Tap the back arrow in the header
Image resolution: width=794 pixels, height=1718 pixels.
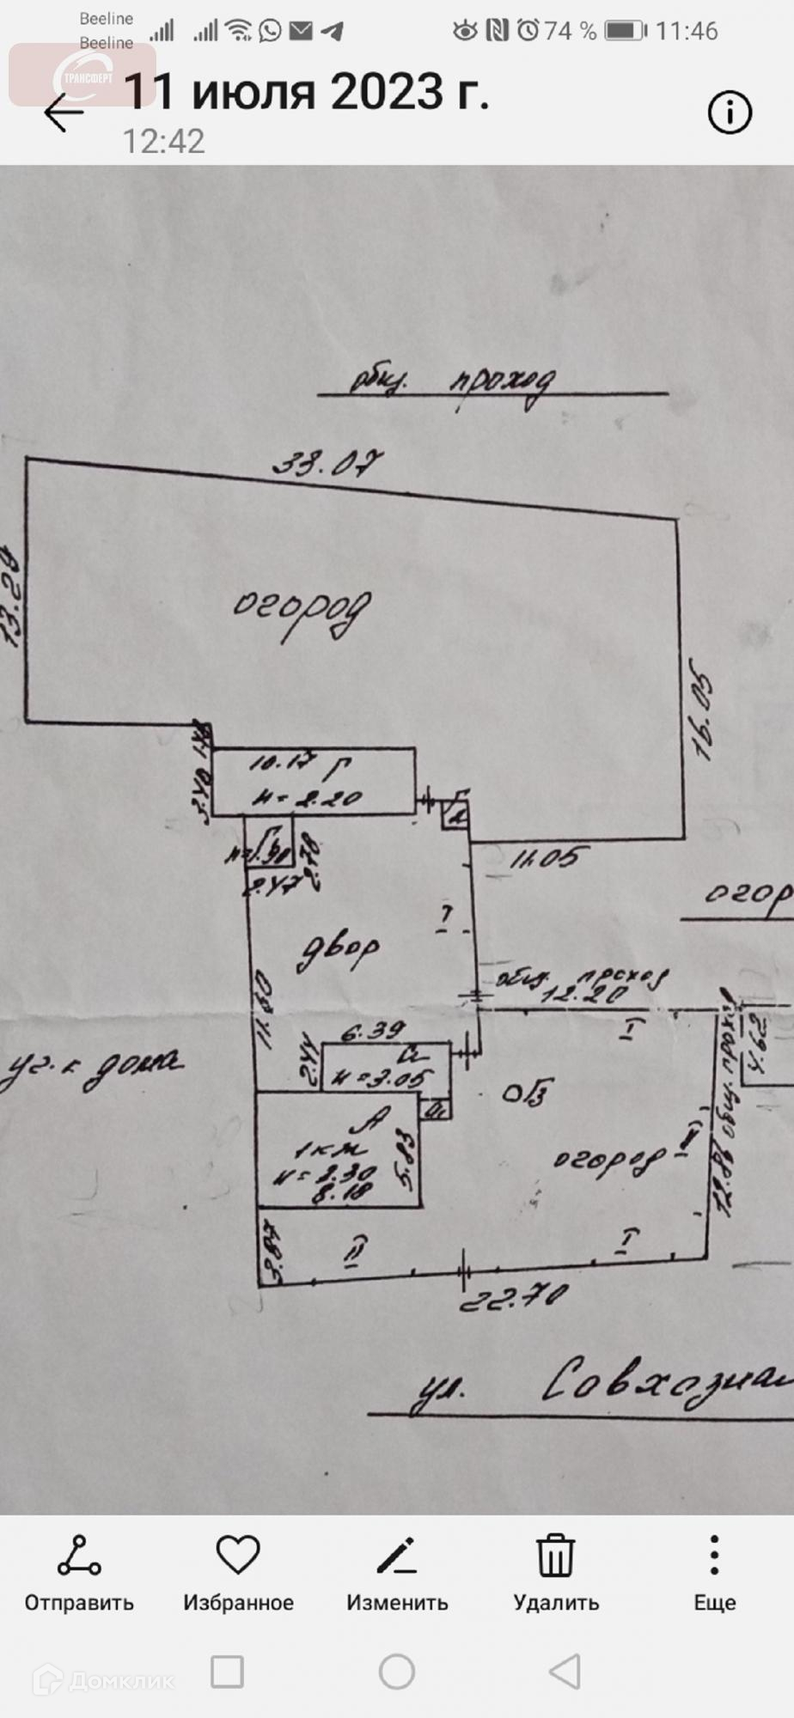click(64, 113)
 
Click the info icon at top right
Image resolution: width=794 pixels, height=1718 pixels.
click(730, 113)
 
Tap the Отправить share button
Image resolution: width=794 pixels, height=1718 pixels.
click(79, 1557)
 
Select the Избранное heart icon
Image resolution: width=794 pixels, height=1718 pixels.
click(238, 1555)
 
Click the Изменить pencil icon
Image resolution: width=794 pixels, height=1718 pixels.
click(397, 1557)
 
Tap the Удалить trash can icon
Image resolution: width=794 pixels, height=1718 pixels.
click(556, 1557)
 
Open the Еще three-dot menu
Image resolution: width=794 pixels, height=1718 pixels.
click(714, 1555)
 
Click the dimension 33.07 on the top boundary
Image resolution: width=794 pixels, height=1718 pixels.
click(327, 464)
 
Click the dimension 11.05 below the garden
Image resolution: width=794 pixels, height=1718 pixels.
click(550, 856)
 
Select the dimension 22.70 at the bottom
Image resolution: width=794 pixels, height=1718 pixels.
click(513, 1293)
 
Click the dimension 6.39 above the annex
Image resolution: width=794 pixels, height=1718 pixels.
click(372, 1030)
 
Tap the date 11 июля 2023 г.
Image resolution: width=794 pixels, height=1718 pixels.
click(307, 92)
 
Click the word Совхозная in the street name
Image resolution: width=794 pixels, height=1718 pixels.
click(666, 1385)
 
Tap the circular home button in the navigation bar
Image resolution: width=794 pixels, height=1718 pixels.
click(397, 1672)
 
